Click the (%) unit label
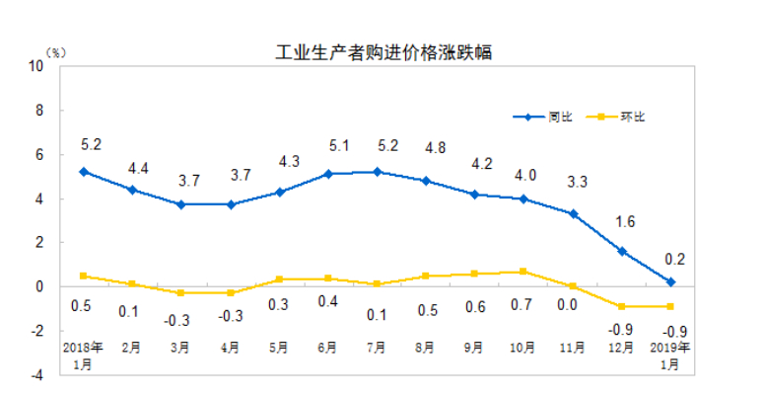(x=55, y=51)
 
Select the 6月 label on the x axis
(x=327, y=349)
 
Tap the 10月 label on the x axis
(x=522, y=349)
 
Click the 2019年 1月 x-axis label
(x=669, y=356)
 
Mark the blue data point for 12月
(x=623, y=251)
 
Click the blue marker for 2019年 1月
(x=670, y=282)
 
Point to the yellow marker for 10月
(x=522, y=272)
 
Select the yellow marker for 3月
(x=180, y=293)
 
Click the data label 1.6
(x=624, y=222)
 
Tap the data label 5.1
(x=327, y=146)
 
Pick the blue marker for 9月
(x=474, y=195)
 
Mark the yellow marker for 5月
(x=279, y=279)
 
